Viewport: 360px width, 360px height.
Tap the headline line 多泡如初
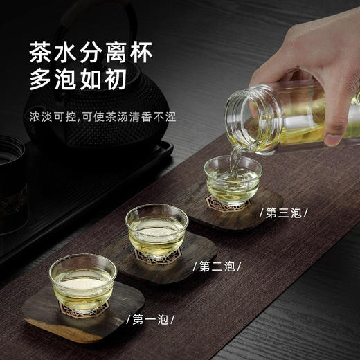coord(78,81)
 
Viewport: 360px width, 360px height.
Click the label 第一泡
coord(150,320)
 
